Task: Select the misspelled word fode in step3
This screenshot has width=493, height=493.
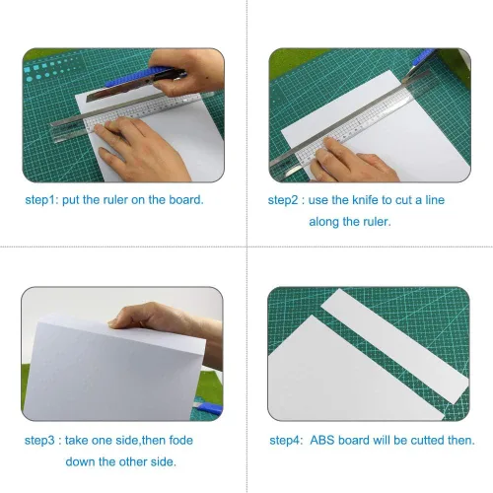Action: [180, 440]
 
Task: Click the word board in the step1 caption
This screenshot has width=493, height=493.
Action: [186, 199]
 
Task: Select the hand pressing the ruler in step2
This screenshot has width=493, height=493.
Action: [353, 161]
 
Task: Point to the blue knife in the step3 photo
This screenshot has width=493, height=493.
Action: [209, 408]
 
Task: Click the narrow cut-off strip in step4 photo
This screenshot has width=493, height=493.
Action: [394, 345]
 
